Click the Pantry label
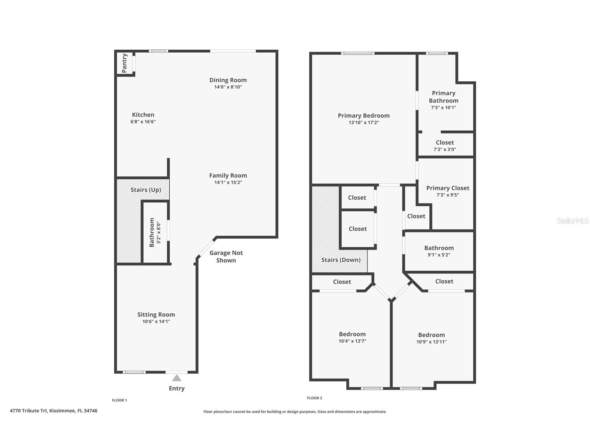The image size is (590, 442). click(x=124, y=63)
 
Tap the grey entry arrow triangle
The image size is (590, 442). click(x=177, y=378)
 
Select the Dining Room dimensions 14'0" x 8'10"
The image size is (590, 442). click(x=228, y=87)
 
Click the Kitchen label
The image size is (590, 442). click(x=143, y=115)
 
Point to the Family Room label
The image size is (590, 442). click(x=228, y=175)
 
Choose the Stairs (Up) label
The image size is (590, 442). click(x=146, y=190)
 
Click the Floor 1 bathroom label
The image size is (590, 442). click(x=152, y=232)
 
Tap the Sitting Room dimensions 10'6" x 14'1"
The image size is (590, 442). click(x=156, y=321)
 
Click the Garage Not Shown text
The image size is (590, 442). click(x=226, y=256)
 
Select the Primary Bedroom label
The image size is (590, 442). click(x=364, y=116)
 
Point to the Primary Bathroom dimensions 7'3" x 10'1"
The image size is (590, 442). click(x=444, y=108)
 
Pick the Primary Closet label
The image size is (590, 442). click(x=448, y=188)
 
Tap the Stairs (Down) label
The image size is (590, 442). click(x=341, y=260)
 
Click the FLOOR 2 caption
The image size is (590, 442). click(x=315, y=398)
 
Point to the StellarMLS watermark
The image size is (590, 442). click(x=573, y=221)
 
